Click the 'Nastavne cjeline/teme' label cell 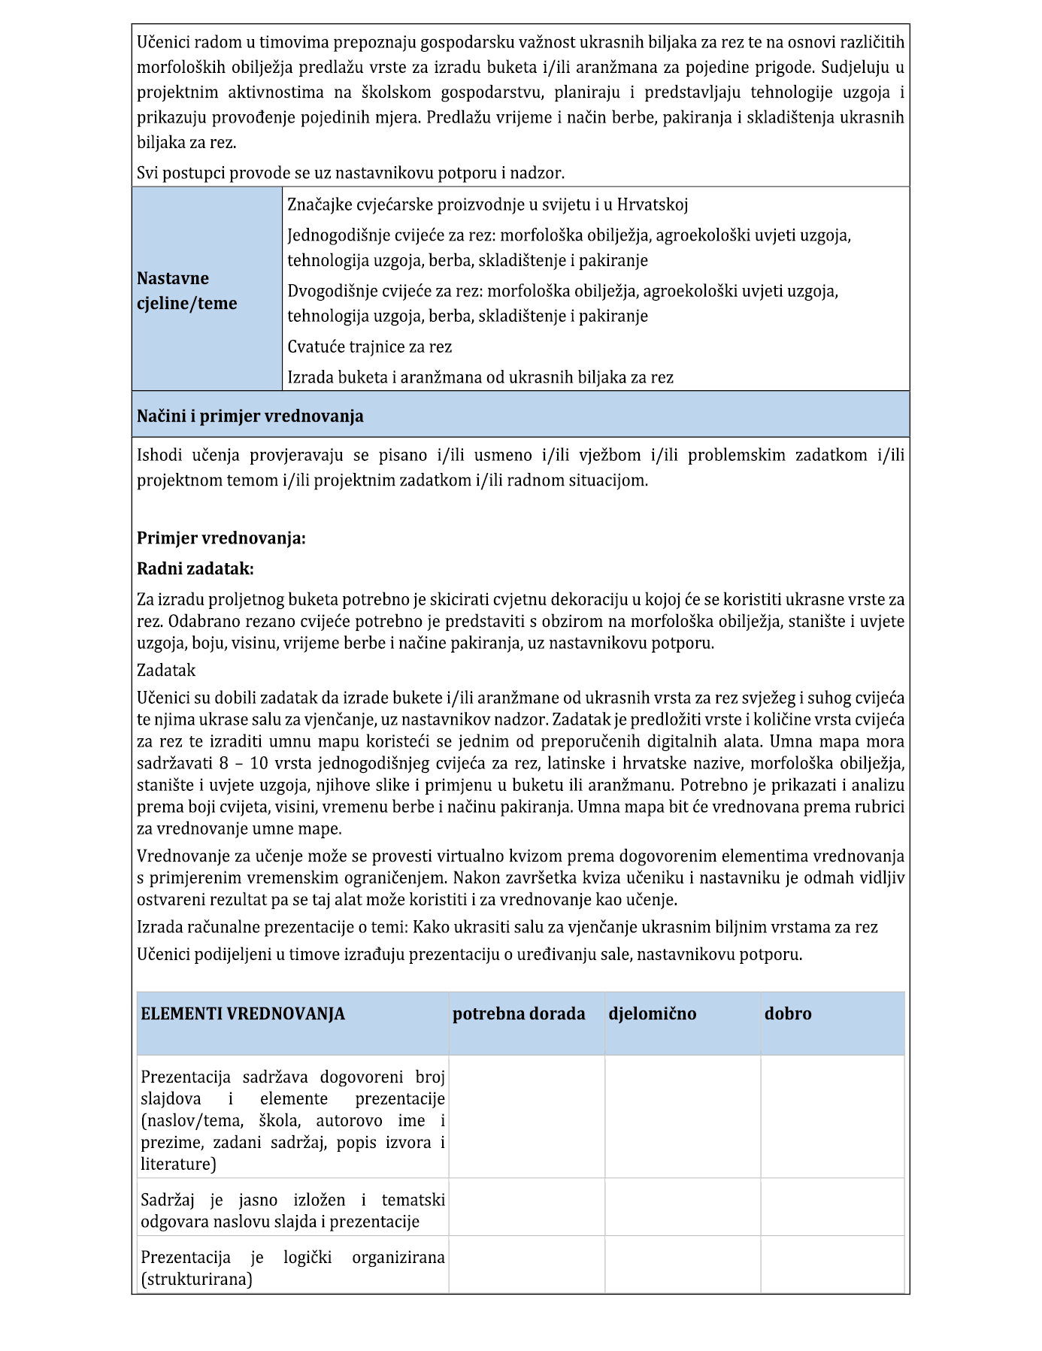187,291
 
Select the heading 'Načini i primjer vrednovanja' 250,416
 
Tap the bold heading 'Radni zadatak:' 195,568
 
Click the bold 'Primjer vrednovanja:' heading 221,538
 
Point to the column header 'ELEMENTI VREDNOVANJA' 243,1013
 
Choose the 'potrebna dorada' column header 519,1013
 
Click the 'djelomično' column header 652,1013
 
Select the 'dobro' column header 788,1013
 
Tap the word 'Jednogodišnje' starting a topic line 338,235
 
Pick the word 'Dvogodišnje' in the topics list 332,291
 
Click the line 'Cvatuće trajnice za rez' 369,347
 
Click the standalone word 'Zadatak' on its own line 166,670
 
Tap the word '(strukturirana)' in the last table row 196,1279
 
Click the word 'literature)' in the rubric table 178,1164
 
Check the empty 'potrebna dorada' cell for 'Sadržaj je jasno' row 526,1210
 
